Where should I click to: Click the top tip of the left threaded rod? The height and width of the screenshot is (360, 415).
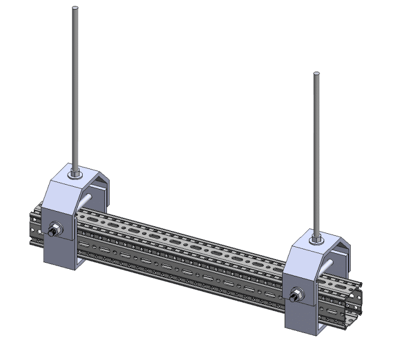[75, 8]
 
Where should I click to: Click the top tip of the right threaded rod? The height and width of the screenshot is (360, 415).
[316, 73]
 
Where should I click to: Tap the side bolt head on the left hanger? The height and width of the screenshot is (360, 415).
[55, 231]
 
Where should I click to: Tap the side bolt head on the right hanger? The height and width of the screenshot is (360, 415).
[296, 295]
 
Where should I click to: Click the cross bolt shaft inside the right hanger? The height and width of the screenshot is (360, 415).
[329, 266]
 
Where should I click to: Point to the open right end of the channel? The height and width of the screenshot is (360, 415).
[354, 302]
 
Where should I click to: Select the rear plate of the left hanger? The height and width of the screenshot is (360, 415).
[100, 188]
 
